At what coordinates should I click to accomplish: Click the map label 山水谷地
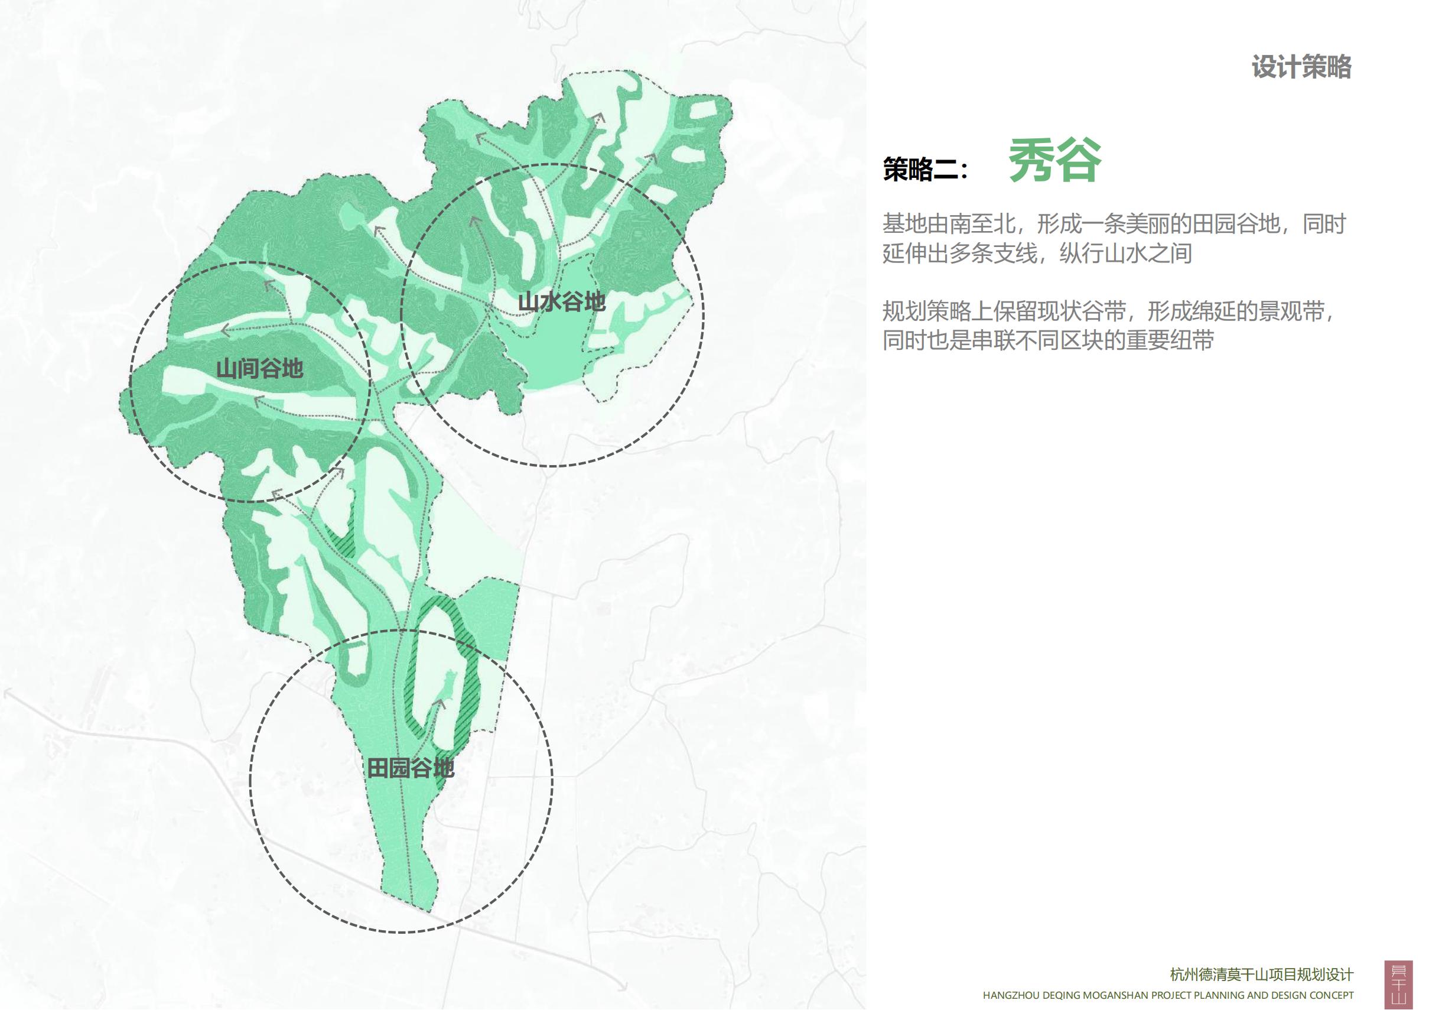click(561, 302)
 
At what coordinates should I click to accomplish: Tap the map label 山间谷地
click(259, 369)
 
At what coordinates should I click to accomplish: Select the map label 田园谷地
click(410, 768)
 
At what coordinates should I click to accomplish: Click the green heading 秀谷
click(1054, 161)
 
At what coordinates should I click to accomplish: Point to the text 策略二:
click(926, 170)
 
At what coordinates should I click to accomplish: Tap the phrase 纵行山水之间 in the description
click(1126, 254)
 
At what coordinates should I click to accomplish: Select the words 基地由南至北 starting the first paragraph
click(949, 223)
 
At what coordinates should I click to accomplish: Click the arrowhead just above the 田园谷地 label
click(440, 703)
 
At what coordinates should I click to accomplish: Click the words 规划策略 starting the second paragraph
click(927, 311)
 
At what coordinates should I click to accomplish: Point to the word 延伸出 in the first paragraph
click(916, 254)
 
